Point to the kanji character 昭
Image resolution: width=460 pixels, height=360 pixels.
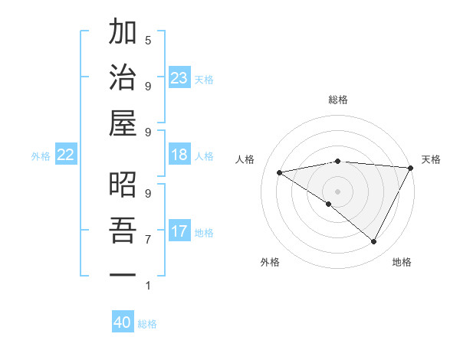(x=123, y=185)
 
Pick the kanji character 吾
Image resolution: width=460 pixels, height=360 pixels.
(x=123, y=231)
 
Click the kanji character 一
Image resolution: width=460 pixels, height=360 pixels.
(x=123, y=274)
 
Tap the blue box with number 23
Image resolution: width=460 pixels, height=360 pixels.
(x=179, y=78)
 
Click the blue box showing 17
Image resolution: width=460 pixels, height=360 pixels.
(x=179, y=231)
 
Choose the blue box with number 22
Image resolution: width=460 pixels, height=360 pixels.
(x=65, y=155)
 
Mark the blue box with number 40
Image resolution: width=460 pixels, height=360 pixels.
(x=123, y=322)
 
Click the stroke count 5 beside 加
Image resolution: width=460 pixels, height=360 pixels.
(x=147, y=40)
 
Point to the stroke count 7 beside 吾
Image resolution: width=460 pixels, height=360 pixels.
(x=147, y=240)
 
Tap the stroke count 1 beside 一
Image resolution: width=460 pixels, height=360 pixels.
(x=147, y=286)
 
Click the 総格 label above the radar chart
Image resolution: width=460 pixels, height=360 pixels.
(x=338, y=100)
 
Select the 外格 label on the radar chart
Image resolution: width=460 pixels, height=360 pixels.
(x=270, y=262)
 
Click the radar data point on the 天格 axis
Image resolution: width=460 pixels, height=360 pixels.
(x=412, y=169)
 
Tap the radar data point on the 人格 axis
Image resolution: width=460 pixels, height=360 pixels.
(x=280, y=172)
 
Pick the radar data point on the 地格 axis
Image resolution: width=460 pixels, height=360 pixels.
(x=374, y=242)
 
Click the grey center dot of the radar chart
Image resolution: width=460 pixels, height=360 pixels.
(x=338, y=191)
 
